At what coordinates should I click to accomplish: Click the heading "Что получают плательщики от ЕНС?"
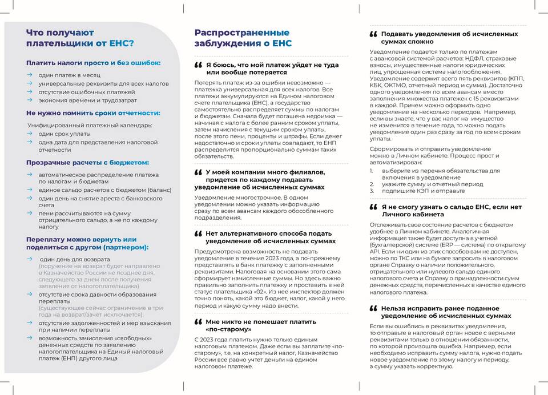80,38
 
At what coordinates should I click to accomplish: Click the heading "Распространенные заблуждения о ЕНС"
243,38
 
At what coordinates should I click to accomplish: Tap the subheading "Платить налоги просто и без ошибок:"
93,63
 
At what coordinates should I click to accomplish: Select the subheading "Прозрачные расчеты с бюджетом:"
87,163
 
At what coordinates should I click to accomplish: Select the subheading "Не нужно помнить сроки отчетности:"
93,113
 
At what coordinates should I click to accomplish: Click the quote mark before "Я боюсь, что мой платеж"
198,65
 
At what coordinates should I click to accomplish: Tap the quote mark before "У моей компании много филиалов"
198,172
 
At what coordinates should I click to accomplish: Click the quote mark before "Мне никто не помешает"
198,322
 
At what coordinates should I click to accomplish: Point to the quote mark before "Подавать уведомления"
373,34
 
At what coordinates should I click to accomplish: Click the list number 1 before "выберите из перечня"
371,170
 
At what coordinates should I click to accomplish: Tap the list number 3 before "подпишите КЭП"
371,191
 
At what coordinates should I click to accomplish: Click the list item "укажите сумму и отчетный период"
425,184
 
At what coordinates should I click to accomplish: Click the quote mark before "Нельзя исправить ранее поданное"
373,308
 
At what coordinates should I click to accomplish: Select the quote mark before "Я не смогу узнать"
373,207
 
